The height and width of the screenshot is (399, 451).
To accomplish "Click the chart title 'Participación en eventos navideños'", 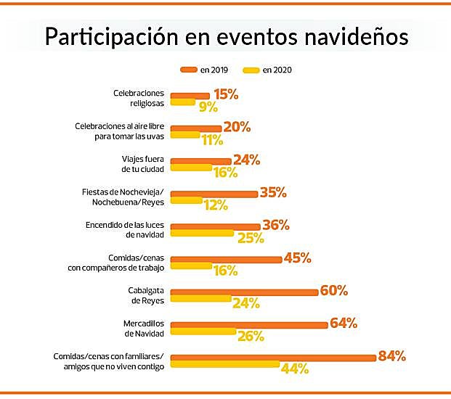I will [x=226, y=36].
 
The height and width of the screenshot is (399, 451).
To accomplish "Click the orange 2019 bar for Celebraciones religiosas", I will [x=190, y=95].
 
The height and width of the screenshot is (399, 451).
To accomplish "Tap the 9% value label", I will [x=208, y=107].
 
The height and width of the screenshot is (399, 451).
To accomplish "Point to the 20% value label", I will [x=237, y=127].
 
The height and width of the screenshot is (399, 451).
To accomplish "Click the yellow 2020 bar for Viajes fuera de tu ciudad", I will [x=191, y=168].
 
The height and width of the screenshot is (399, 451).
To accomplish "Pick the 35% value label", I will [x=272, y=192].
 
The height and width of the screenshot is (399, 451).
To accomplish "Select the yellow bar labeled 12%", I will [x=186, y=200].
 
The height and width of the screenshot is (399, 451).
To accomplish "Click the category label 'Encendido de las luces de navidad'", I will [x=126, y=230].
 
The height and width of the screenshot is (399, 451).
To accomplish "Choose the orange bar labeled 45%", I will [x=226, y=259].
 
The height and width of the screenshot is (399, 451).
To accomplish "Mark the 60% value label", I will [x=333, y=290].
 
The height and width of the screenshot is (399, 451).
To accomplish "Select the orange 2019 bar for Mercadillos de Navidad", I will [x=249, y=324].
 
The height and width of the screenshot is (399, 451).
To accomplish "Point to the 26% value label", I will [x=251, y=336].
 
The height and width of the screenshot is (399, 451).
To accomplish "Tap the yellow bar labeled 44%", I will [x=225, y=364].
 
